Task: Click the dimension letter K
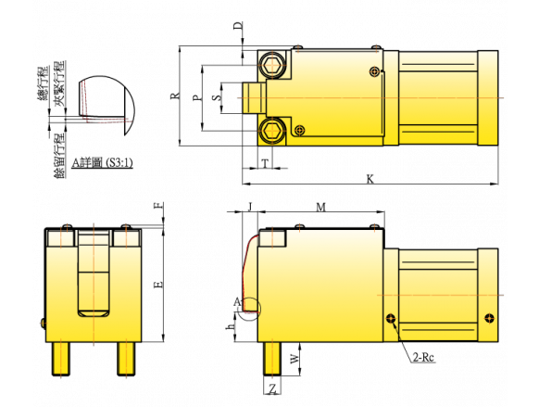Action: click(370, 179)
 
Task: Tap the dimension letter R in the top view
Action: click(175, 95)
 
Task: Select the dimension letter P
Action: click(196, 97)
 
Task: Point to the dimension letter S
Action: click(216, 97)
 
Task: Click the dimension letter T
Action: click(265, 164)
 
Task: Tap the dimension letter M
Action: click(320, 207)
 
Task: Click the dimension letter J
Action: click(250, 207)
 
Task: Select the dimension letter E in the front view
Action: click(158, 285)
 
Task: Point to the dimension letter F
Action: click(158, 206)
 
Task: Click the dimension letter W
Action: click(295, 359)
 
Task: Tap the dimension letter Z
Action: click(272, 389)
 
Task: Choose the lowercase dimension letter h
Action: click(230, 326)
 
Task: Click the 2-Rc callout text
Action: click(423, 358)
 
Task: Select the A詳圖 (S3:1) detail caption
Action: click(102, 162)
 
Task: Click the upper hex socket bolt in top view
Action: click(271, 65)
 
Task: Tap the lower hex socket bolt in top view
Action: click(271, 130)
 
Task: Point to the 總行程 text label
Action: click(43, 83)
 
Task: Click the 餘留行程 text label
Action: click(59, 156)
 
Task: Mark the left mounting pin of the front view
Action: click(61, 359)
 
